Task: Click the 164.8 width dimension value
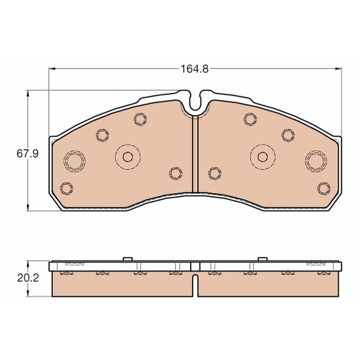click(195, 69)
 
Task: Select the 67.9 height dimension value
click(27, 153)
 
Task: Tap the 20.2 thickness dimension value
click(28, 278)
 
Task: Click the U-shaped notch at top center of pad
click(195, 100)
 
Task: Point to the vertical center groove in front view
click(195, 154)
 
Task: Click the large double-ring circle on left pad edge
click(74, 161)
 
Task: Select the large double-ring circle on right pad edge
click(316, 161)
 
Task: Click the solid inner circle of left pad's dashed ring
click(128, 157)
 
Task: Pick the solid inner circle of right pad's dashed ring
click(263, 157)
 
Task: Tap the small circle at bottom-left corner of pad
click(66, 189)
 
